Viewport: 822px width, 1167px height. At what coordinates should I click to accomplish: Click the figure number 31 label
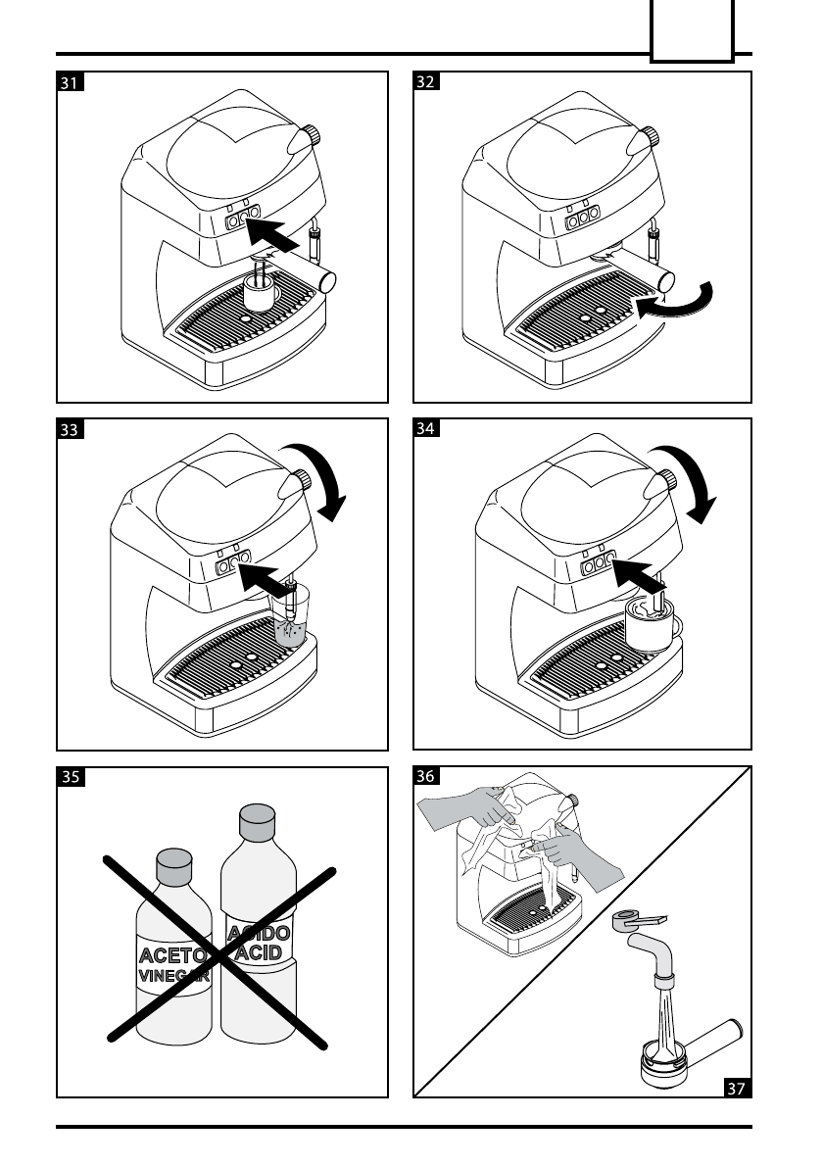70,83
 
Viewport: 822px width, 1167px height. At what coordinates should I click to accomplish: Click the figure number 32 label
426,83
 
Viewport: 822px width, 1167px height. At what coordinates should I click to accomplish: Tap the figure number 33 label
70,429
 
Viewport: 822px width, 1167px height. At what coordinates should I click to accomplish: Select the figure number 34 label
426,429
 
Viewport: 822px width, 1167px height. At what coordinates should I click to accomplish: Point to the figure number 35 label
70,779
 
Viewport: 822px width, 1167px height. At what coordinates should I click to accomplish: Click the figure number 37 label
738,1086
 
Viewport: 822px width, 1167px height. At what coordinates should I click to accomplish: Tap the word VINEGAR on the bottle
172,976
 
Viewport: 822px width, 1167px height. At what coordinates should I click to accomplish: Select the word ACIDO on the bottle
258,934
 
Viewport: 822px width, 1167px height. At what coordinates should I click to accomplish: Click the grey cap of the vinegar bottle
172,865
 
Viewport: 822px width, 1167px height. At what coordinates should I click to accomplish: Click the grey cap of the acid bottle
257,821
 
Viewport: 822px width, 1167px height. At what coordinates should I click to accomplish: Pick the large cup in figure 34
651,625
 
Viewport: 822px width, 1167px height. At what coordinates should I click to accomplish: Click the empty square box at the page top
692,31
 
